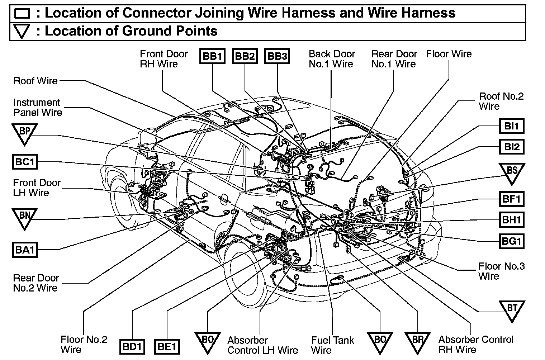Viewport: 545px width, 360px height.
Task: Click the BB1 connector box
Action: (x=212, y=57)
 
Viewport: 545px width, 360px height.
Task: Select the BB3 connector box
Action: (x=278, y=57)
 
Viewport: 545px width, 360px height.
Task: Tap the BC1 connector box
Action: (x=25, y=162)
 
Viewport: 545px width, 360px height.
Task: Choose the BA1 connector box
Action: (x=25, y=249)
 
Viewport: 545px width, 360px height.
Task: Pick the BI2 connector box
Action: (x=512, y=147)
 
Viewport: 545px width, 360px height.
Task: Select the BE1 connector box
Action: (x=167, y=347)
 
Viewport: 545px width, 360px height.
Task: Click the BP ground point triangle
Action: (x=24, y=133)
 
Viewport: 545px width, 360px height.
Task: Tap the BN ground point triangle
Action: (x=24, y=217)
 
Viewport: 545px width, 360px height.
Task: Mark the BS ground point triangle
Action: (x=512, y=172)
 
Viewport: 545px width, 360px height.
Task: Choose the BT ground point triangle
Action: (x=512, y=310)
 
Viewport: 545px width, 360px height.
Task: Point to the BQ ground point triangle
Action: (x=380, y=341)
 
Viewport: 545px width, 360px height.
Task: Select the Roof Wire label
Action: (x=35, y=81)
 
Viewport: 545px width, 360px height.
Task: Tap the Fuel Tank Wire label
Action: (x=332, y=345)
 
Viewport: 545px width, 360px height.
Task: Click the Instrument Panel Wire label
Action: (x=38, y=108)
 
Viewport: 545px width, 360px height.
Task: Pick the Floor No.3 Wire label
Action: (x=501, y=271)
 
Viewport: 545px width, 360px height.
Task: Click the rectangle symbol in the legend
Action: (x=22, y=14)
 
